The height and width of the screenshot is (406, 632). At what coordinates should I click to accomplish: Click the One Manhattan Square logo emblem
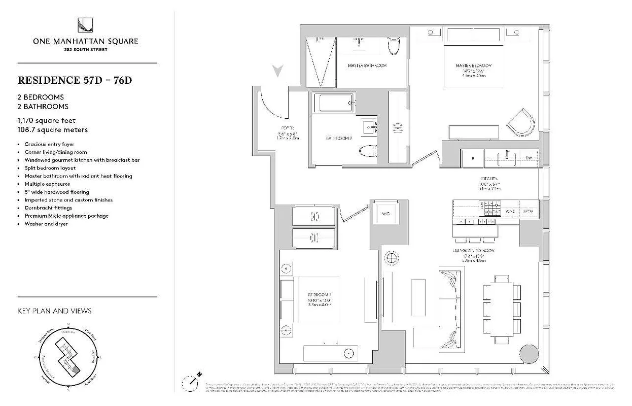coord(85,25)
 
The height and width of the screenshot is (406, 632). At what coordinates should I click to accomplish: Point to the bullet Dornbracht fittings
coord(48,208)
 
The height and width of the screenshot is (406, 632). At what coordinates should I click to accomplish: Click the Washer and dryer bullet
coord(46,224)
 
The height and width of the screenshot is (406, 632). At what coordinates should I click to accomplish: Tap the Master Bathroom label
coord(367,66)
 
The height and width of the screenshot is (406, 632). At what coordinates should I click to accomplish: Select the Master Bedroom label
coord(473,66)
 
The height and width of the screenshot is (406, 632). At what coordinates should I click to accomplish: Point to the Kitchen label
coord(489,179)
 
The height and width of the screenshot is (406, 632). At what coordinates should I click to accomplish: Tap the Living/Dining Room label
coord(474,251)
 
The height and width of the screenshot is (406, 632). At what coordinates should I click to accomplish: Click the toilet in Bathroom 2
coord(367,151)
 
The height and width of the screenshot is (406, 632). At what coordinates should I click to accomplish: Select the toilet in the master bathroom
coord(394,47)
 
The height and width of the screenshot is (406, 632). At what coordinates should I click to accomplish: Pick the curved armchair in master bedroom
coord(522,122)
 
